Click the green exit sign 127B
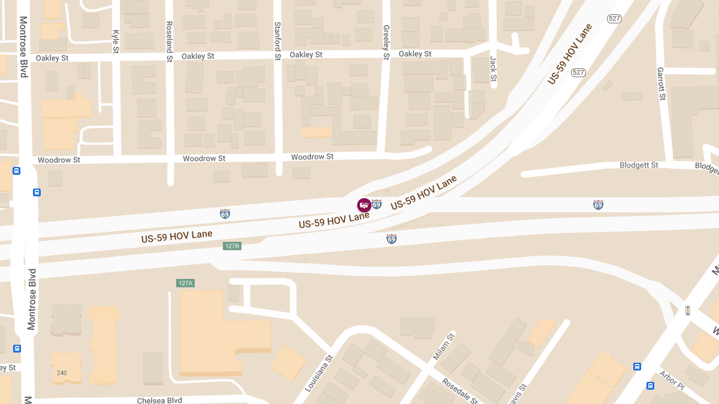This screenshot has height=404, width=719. (232, 246)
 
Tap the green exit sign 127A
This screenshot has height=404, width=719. (186, 283)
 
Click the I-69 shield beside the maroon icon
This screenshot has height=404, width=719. (376, 205)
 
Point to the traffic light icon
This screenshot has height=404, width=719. (687, 311)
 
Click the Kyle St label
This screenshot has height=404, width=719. (116, 40)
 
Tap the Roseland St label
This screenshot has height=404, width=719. (169, 42)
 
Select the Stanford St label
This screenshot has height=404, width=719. (277, 41)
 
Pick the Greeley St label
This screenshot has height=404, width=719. (386, 42)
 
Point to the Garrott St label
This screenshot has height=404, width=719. (661, 84)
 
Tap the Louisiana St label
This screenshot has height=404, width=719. (318, 374)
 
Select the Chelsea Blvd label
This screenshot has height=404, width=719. (159, 400)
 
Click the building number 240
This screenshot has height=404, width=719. (62, 373)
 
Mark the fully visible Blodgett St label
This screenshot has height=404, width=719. (639, 165)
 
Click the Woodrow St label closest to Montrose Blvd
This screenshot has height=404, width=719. (59, 160)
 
